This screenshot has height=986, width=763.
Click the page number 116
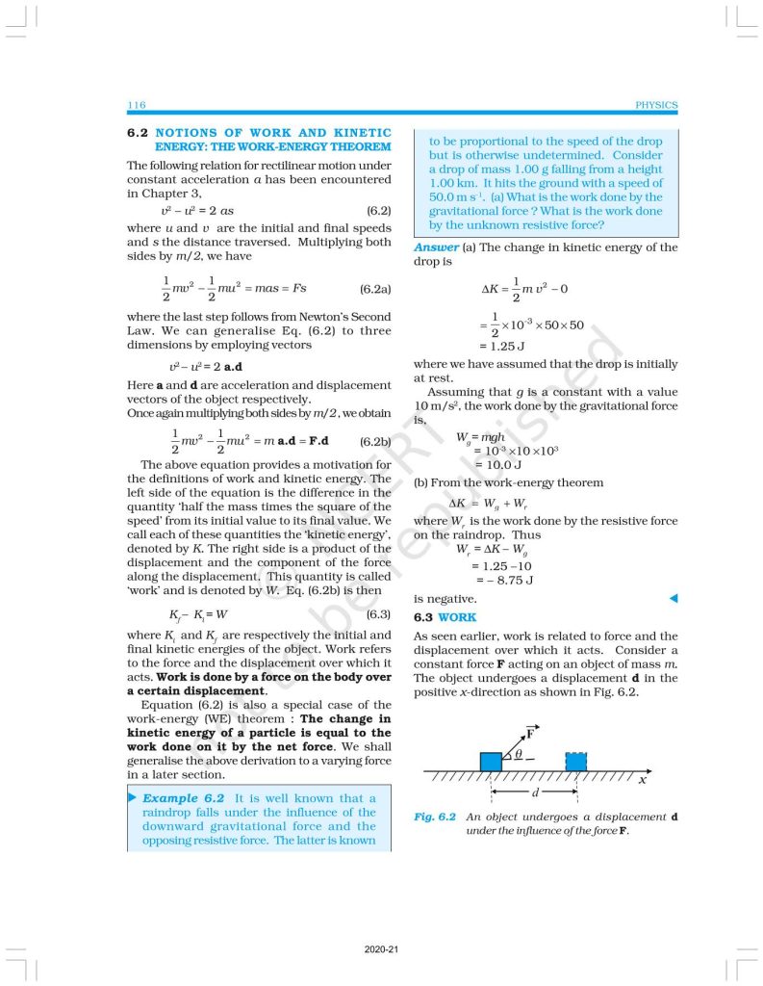[136, 105]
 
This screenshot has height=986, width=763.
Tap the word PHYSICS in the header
[656, 105]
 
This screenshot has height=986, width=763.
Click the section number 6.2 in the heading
[137, 133]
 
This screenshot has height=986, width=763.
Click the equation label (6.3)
[378, 613]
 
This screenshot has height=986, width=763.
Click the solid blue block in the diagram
[491, 761]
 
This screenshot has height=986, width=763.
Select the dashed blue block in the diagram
[575, 761]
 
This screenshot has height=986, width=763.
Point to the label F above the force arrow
[530, 731]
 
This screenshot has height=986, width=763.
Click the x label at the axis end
[642, 779]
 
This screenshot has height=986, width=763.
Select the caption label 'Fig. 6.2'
[435, 817]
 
